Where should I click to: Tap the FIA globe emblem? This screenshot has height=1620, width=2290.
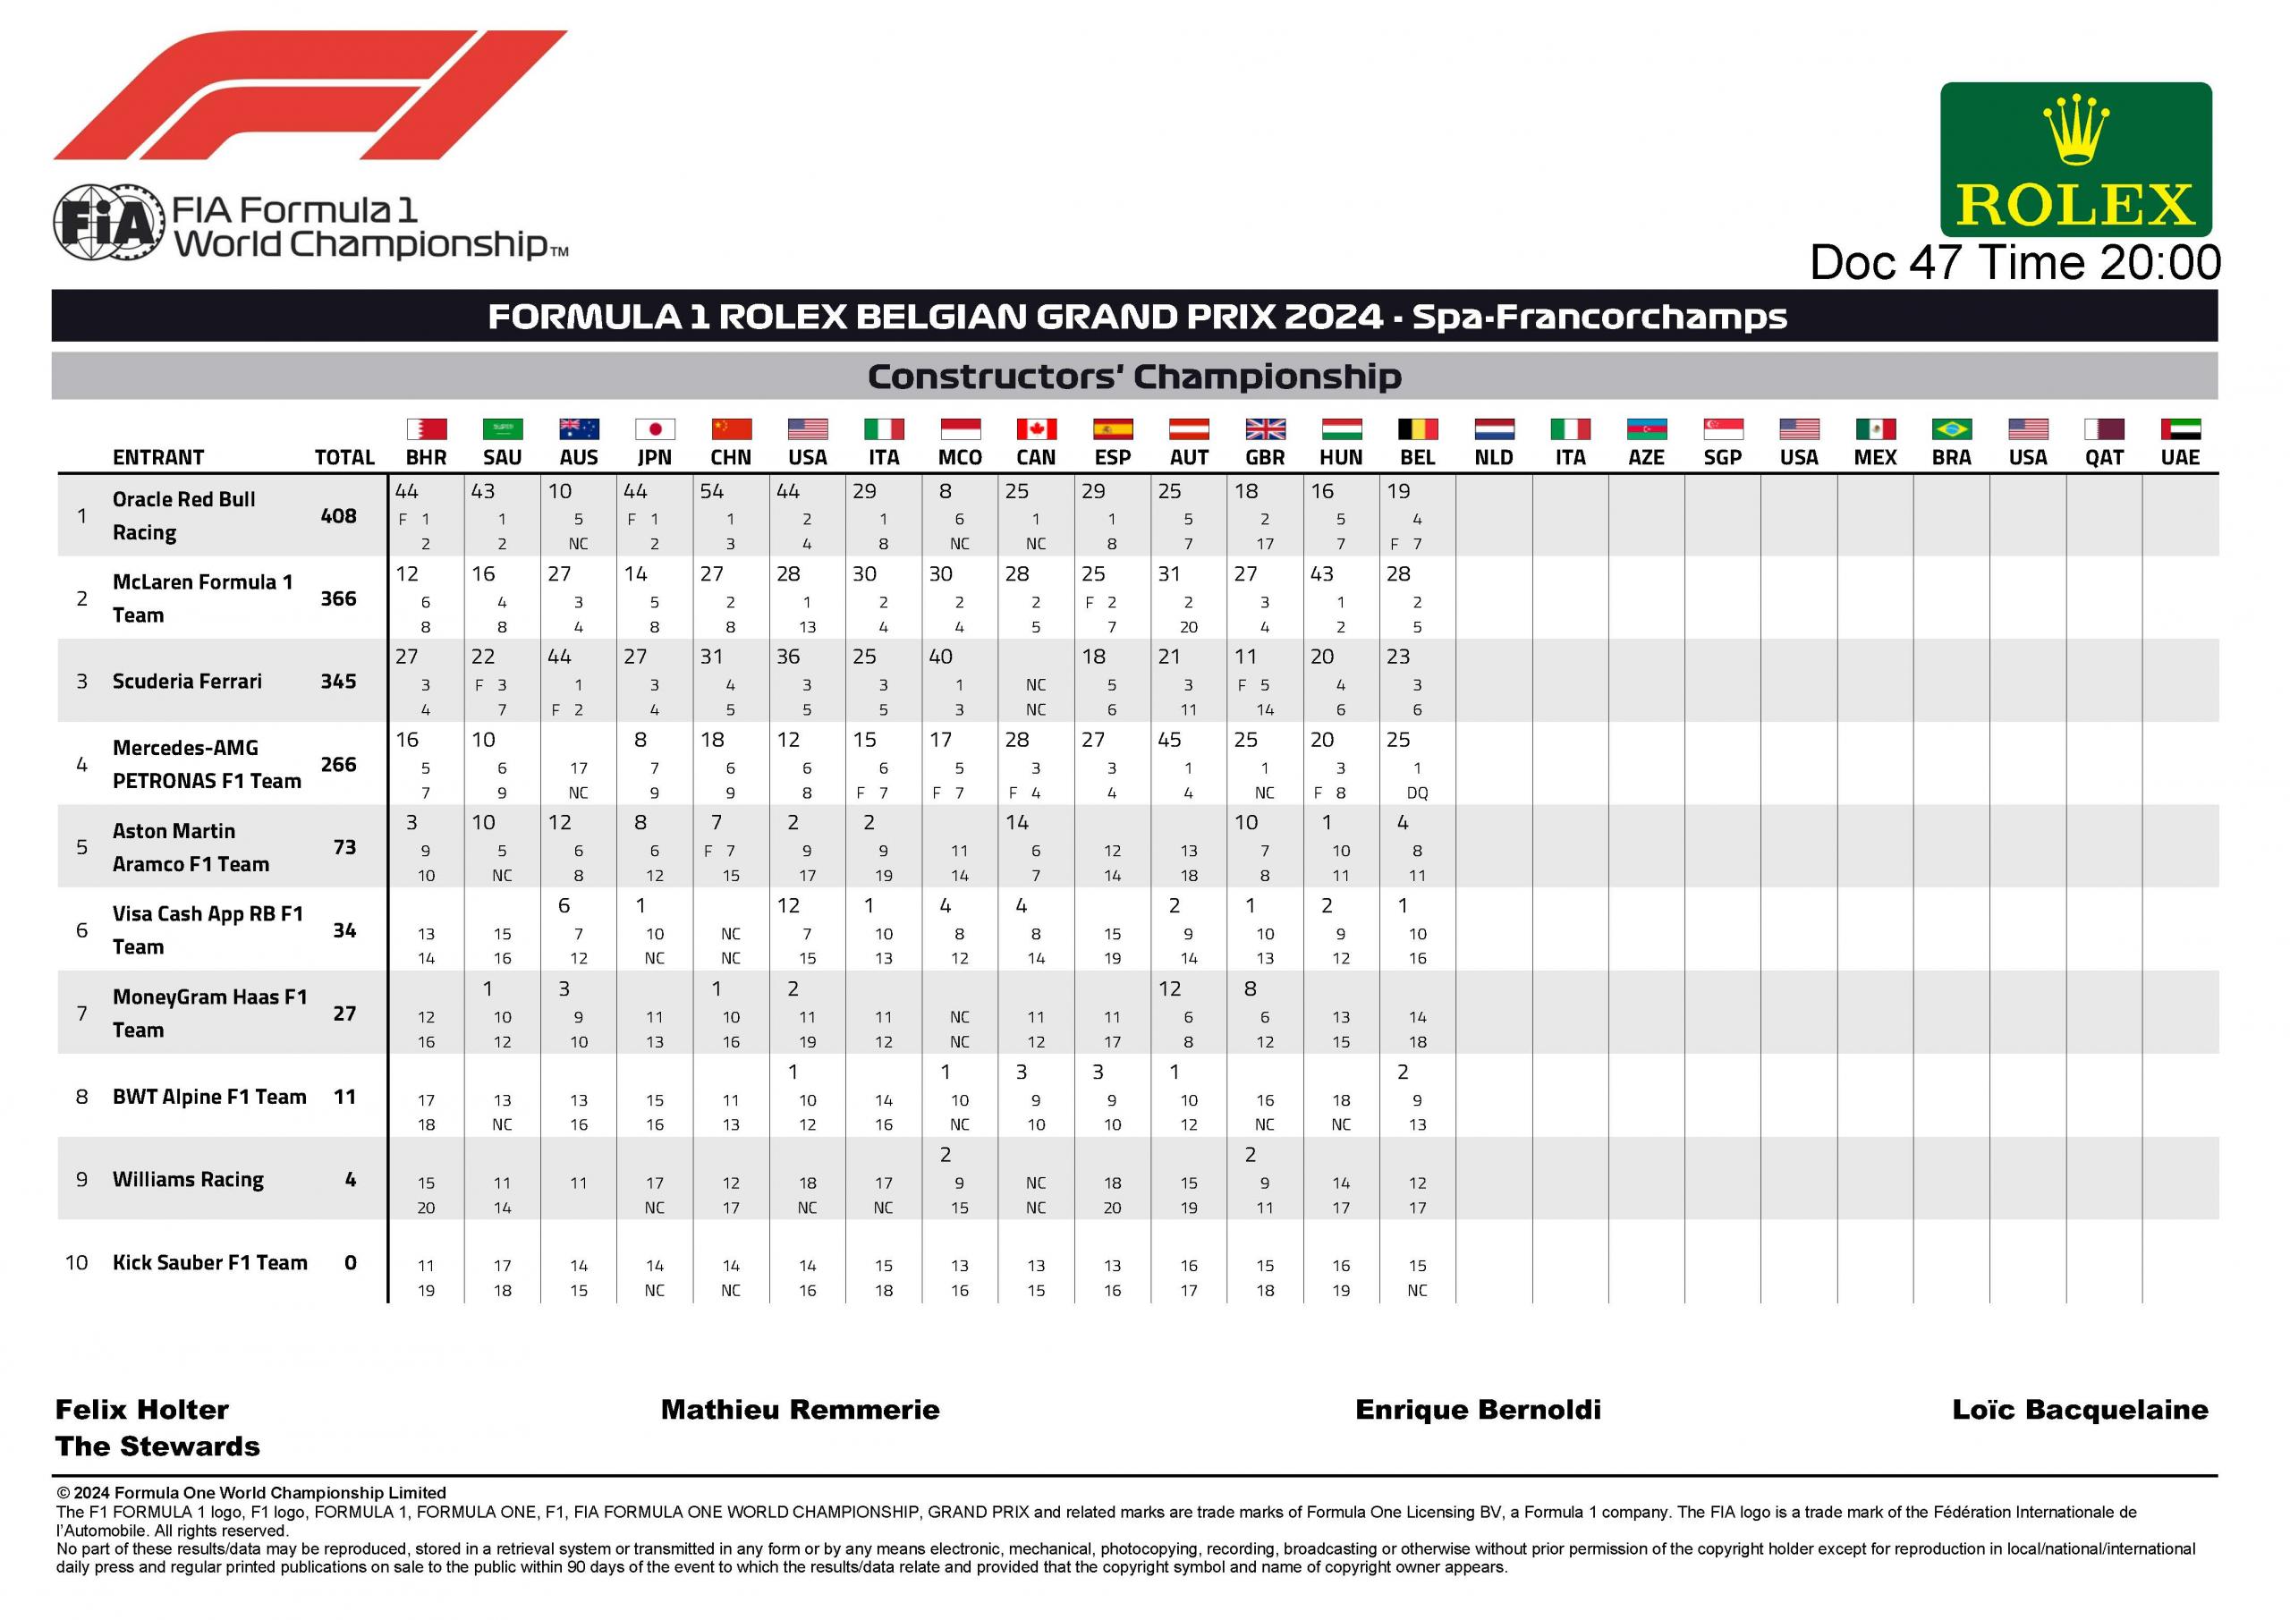(x=106, y=223)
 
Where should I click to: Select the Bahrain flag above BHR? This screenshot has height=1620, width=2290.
(x=426, y=429)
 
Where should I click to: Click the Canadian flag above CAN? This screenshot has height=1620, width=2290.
(x=1036, y=429)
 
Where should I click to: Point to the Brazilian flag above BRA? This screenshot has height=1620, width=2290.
(x=1951, y=429)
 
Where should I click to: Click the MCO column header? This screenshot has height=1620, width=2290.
(x=960, y=458)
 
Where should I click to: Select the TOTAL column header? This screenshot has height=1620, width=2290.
(x=344, y=458)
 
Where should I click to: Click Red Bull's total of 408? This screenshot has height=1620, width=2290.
(x=338, y=516)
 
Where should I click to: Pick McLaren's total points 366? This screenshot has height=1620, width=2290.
(x=338, y=598)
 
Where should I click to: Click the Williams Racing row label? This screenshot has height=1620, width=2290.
(x=189, y=1179)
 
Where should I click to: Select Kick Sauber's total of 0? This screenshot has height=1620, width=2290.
(x=350, y=1263)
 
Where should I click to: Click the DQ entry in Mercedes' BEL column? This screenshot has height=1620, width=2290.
(x=1417, y=793)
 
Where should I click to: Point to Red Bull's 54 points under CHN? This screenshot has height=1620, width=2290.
(x=712, y=492)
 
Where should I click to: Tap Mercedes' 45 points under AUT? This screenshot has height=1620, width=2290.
(x=1170, y=740)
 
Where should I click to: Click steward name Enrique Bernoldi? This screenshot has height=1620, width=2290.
(x=1478, y=1410)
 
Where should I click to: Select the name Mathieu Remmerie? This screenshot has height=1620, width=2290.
(x=800, y=1410)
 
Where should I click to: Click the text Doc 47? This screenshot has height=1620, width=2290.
(x=1887, y=263)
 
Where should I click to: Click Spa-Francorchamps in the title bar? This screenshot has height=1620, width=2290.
(x=1599, y=318)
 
